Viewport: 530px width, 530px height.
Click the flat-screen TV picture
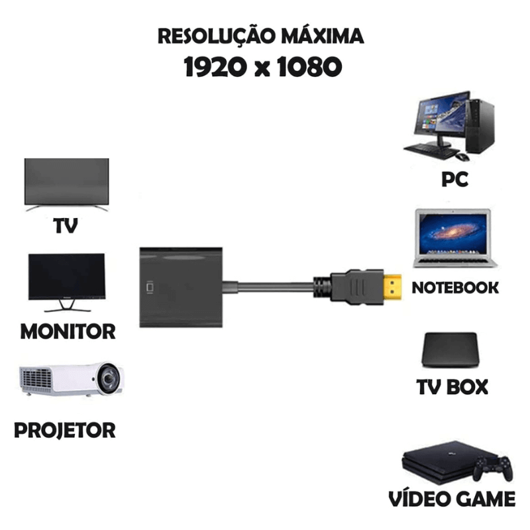pos(66,182)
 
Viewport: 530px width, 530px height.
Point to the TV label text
pos(66,227)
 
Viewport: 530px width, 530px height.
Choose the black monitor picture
pos(66,278)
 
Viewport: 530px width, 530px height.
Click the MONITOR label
pos(68,331)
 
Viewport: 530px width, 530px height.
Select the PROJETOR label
pos(65,430)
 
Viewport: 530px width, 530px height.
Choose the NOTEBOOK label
pos(455,288)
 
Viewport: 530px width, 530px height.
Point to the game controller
pos(492,469)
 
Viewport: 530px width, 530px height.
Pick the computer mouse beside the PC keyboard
pos(463,156)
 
